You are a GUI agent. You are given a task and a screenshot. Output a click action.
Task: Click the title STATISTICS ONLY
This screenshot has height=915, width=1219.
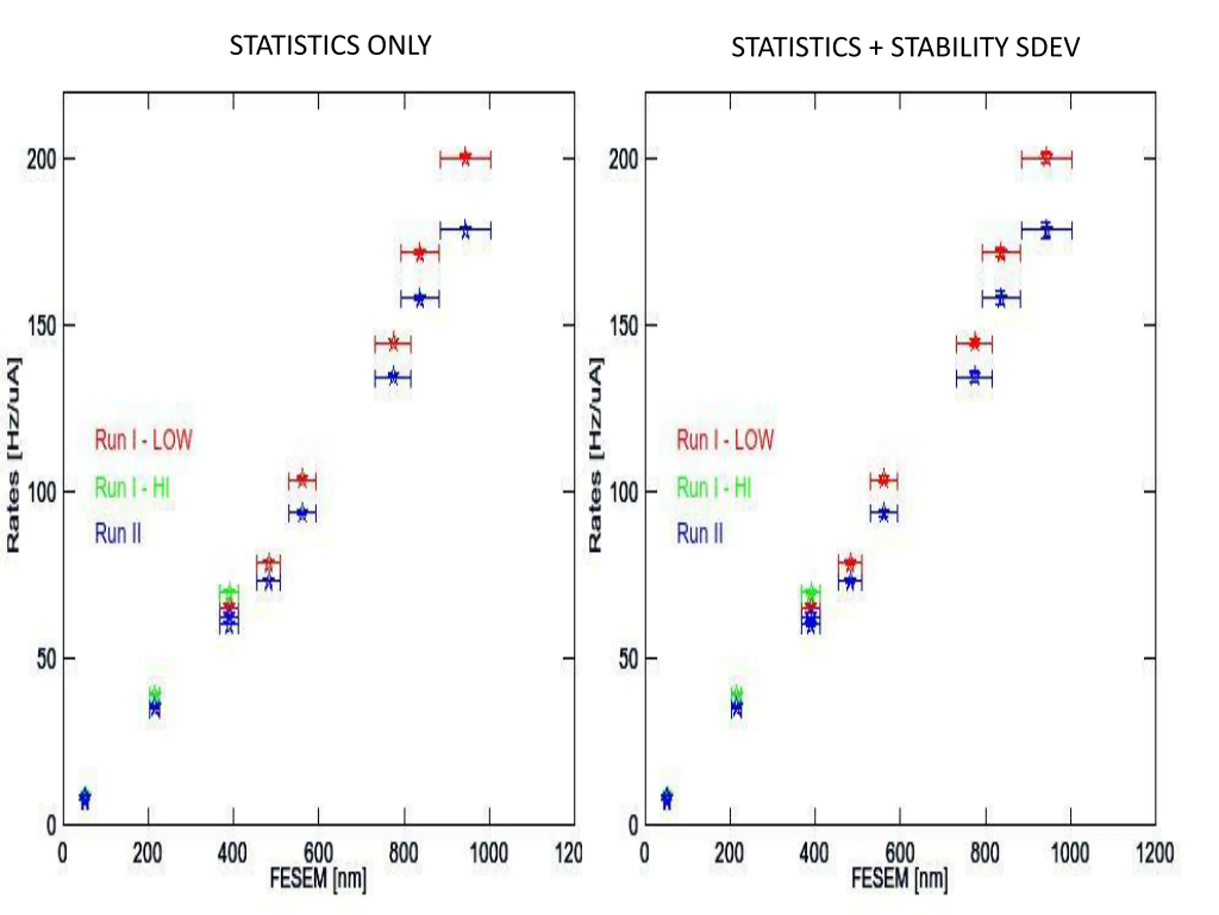[330, 45]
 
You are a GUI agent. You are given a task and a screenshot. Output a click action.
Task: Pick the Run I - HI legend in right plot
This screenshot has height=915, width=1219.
[714, 488]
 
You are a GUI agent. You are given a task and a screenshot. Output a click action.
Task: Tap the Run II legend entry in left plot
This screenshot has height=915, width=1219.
[118, 533]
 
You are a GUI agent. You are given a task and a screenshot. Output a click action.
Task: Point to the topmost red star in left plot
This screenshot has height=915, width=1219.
[465, 158]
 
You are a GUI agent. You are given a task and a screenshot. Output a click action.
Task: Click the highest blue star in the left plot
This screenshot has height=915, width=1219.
[465, 230]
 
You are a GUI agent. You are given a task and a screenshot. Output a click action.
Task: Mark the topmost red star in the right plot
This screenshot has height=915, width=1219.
[1046, 158]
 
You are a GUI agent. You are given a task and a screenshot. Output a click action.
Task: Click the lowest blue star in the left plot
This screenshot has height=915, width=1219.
[84, 798]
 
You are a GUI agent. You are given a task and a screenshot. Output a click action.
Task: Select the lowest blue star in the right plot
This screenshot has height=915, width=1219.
[666, 798]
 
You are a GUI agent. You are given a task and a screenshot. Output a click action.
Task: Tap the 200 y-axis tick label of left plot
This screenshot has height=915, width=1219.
[42, 159]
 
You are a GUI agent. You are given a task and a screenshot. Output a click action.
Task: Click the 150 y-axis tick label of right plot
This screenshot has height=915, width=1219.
[624, 326]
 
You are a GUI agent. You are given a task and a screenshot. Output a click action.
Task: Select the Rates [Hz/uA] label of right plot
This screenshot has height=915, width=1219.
[596, 455]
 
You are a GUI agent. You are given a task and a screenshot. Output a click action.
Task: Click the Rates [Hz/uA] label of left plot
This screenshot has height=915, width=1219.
[14, 455]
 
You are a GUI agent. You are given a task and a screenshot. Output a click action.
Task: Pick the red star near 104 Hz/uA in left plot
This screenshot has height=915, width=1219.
[302, 479]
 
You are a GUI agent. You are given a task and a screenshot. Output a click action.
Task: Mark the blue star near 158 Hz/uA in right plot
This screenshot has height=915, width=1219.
[1001, 299]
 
